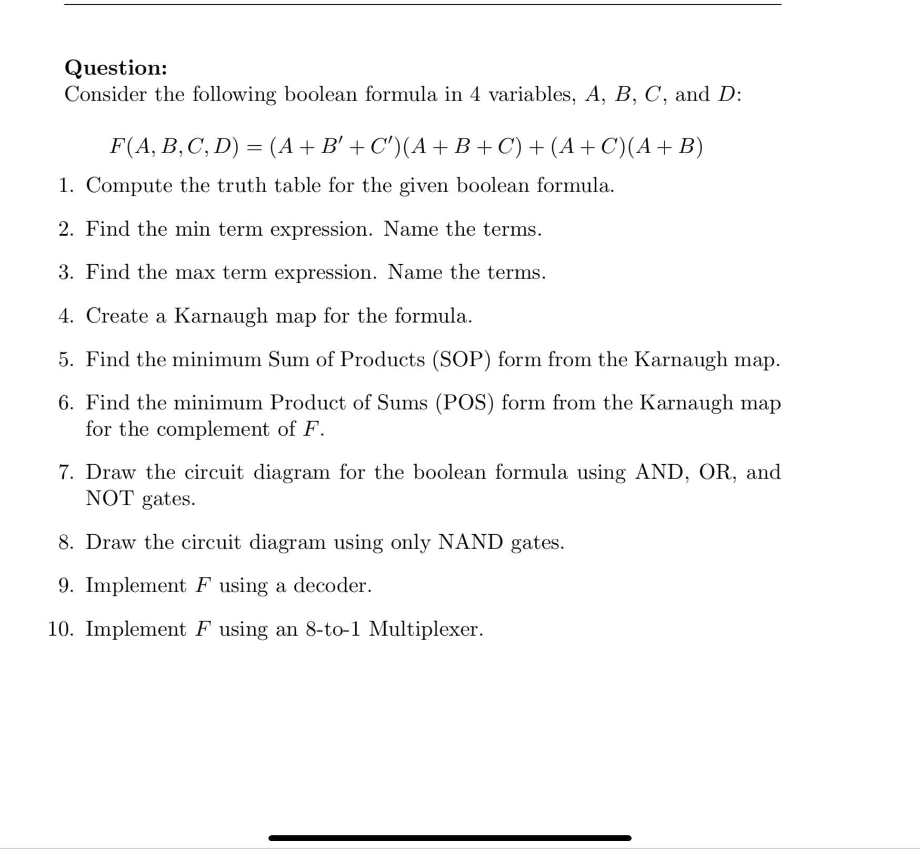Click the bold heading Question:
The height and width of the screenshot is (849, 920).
(116, 68)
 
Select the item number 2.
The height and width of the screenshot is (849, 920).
(66, 229)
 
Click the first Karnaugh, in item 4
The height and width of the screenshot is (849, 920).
(221, 316)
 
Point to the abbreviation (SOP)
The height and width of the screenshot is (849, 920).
(462, 359)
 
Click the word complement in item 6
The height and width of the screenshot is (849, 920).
(213, 429)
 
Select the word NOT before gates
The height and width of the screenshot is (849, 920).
(110, 498)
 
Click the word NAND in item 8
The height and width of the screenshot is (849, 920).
(470, 542)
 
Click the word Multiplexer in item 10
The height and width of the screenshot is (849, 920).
(426, 629)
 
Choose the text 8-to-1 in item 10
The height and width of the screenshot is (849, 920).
(333, 629)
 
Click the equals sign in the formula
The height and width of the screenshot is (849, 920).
(254, 147)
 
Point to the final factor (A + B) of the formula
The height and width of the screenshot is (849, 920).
(668, 146)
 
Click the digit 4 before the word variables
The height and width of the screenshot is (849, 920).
(475, 95)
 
